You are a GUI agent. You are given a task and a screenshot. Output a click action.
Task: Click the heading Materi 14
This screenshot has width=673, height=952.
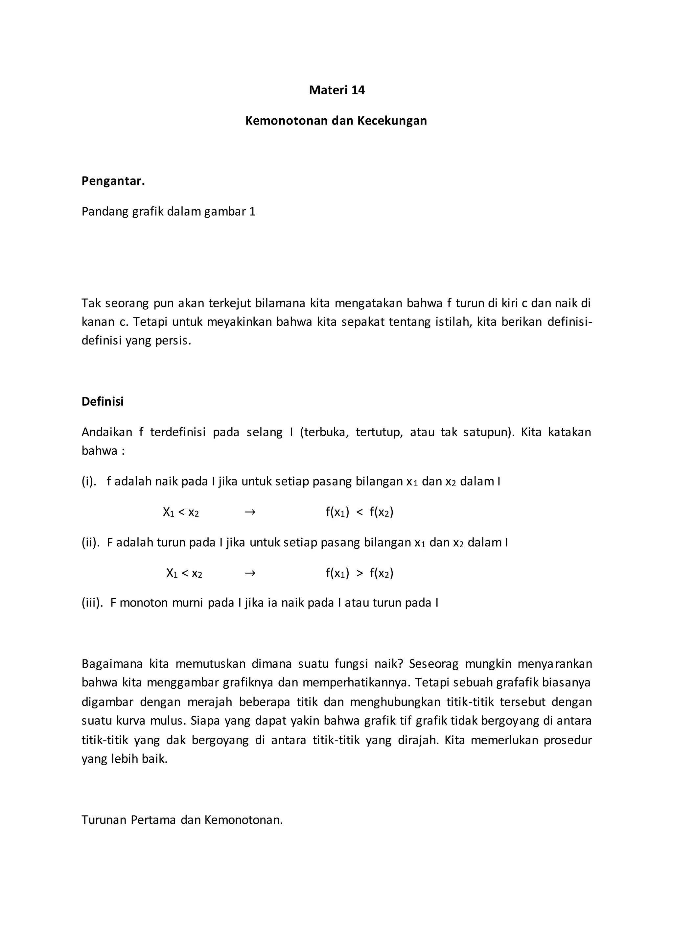tap(336, 90)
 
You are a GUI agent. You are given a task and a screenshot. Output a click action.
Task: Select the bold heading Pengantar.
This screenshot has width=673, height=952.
tap(113, 181)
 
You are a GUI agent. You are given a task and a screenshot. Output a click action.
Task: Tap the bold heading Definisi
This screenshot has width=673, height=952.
tap(102, 401)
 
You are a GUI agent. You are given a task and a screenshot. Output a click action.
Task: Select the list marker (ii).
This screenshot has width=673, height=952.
tap(90, 542)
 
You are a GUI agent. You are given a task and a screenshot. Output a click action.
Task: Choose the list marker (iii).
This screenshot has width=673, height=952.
tap(92, 603)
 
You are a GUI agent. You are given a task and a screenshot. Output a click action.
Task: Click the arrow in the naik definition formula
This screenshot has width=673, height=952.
tap(250, 512)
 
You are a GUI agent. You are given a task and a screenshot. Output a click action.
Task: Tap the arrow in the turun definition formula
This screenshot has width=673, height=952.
tap(250, 573)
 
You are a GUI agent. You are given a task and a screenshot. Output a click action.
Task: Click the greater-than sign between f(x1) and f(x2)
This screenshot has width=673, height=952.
tap(360, 573)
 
